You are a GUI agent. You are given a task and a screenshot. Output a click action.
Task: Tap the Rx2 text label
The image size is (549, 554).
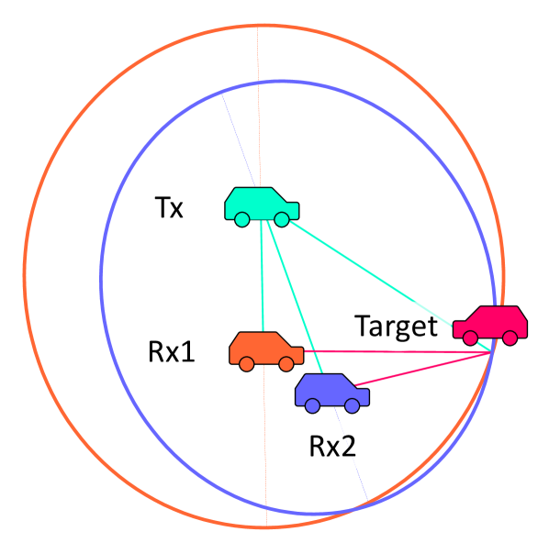(331, 447)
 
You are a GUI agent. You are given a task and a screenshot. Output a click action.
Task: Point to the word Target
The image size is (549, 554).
(397, 327)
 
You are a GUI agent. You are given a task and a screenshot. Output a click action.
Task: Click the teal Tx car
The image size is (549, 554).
(261, 204)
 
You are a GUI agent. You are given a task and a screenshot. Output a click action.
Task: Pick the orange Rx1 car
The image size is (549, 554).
(264, 349)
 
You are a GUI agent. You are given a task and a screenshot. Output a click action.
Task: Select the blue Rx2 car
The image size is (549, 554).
(331, 392)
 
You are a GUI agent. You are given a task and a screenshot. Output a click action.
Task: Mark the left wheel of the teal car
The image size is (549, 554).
(241, 218)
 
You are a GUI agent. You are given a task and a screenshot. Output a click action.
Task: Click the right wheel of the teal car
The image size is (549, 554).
(282, 218)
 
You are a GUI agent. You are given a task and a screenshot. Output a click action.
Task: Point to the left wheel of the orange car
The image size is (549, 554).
(247, 364)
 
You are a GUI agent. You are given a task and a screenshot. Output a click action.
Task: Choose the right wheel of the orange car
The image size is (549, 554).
(287, 364)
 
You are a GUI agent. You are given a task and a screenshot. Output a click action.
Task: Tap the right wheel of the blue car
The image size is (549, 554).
(353, 405)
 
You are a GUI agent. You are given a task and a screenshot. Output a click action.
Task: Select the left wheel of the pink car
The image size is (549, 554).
(471, 338)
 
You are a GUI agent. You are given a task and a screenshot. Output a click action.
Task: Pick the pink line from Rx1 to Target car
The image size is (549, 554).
(395, 351)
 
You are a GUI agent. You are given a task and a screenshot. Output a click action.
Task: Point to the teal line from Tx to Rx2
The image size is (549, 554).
(292, 294)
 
